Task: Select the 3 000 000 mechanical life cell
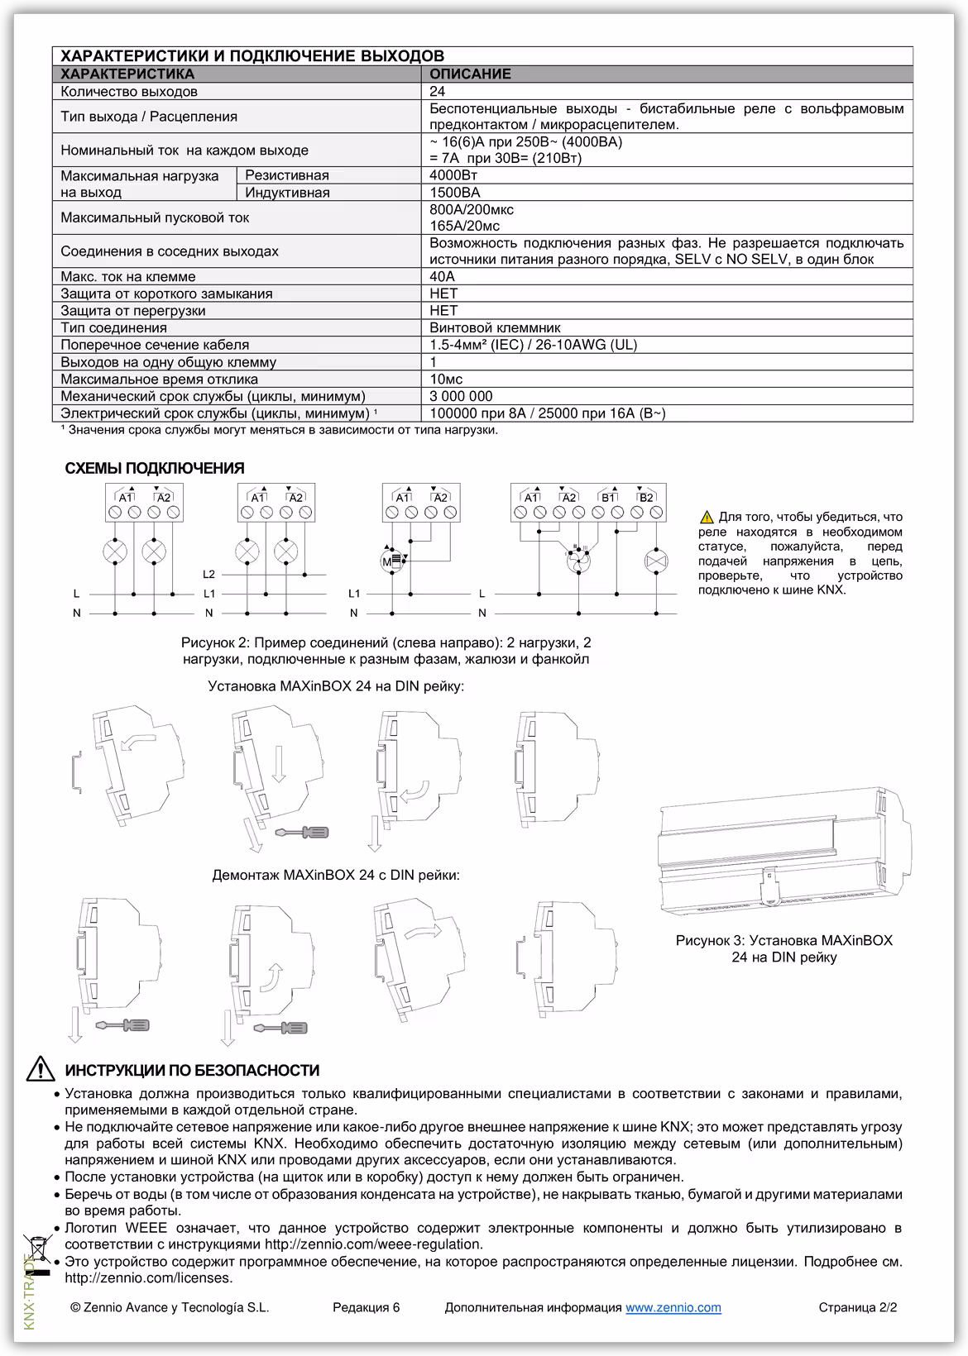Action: click(461, 396)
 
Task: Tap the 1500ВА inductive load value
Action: click(454, 193)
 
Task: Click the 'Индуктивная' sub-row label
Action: click(287, 193)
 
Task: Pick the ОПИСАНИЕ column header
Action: click(470, 74)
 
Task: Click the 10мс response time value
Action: click(446, 379)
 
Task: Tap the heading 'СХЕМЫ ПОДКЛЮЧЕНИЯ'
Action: click(155, 468)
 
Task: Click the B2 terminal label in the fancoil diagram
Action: click(645, 497)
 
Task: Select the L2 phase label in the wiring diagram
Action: click(208, 574)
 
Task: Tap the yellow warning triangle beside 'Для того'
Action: click(707, 518)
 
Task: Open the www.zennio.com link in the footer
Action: click(673, 1307)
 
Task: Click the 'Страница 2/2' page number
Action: click(857, 1307)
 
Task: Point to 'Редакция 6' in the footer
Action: click(366, 1307)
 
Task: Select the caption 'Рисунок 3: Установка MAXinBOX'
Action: click(784, 940)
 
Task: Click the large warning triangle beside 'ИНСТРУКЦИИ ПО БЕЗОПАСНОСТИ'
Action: click(40, 1069)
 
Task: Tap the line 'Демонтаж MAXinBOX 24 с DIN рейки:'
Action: click(336, 874)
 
